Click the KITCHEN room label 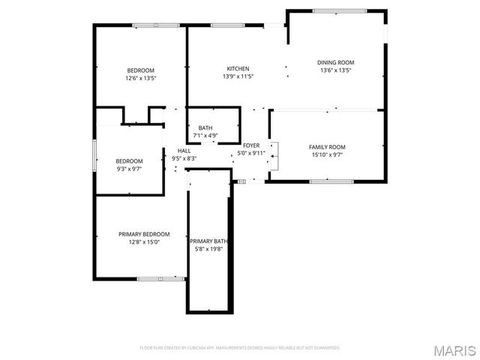point(238,68)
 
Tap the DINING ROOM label point(335,62)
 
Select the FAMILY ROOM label point(327,146)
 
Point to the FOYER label point(251,145)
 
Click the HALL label point(184,151)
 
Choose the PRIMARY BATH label point(208,241)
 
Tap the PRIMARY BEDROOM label point(144,233)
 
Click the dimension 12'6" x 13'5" point(140,78)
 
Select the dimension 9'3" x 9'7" point(129,169)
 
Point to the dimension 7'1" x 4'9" point(205,136)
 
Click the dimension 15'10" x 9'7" point(327,154)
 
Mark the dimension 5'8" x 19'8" point(208,249)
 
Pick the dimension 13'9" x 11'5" point(238,76)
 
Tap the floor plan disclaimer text point(240,348)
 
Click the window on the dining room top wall point(339,10)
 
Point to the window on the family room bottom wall point(331,181)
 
